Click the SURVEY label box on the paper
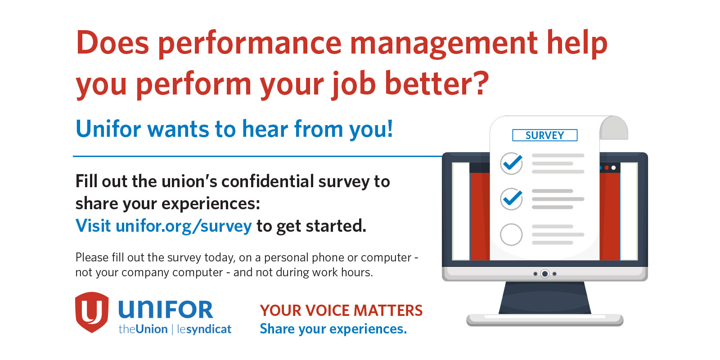coord(544,135)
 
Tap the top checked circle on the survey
coord(511,163)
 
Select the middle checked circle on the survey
coord(511,199)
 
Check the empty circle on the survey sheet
coord(511,234)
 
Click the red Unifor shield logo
coord(92,312)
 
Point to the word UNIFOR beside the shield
coord(166,310)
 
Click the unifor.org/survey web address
coord(184,226)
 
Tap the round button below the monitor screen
coord(545,274)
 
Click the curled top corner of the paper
coord(614,128)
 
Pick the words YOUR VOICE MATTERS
coord(341,310)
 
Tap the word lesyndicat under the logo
coord(204,329)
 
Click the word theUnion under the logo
coord(143,329)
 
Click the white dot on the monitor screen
coord(614,168)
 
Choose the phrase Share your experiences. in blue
coord(333,329)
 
